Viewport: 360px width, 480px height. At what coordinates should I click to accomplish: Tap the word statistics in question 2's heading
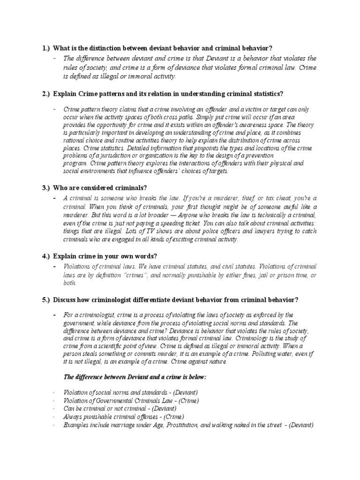[x=266, y=94]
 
